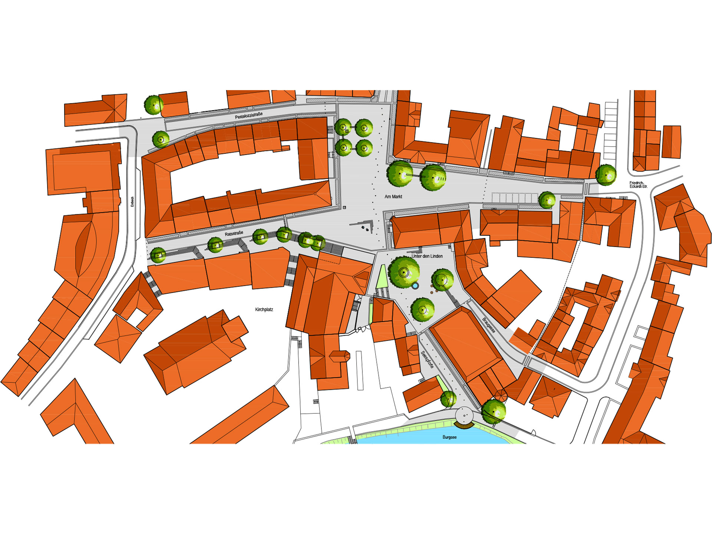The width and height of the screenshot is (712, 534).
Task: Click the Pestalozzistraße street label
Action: click(x=248, y=116)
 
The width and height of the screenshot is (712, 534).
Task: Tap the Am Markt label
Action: click(x=393, y=197)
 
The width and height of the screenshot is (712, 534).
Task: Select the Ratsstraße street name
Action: click(x=234, y=234)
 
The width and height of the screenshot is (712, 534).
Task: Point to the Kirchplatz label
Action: click(x=264, y=309)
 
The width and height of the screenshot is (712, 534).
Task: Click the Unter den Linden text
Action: click(x=427, y=256)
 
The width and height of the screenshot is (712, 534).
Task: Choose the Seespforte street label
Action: click(x=427, y=359)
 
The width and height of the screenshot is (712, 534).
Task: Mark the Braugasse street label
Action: click(x=488, y=325)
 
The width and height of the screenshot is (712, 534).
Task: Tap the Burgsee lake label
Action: click(x=449, y=437)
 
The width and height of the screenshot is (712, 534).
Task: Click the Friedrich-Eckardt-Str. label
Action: click(x=638, y=185)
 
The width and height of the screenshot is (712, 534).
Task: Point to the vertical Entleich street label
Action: click(x=132, y=201)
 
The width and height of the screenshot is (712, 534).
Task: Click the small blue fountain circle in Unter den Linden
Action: click(x=415, y=286)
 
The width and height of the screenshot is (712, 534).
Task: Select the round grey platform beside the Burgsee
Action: click(x=464, y=415)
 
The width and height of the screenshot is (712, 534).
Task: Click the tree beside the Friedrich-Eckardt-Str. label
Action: click(x=606, y=175)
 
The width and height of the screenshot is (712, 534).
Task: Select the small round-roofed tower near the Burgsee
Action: click(x=500, y=395)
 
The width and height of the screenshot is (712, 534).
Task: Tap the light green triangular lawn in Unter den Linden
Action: click(x=382, y=277)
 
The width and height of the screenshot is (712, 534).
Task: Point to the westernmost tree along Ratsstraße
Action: click(x=158, y=255)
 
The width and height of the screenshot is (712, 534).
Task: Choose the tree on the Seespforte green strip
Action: click(x=448, y=399)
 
